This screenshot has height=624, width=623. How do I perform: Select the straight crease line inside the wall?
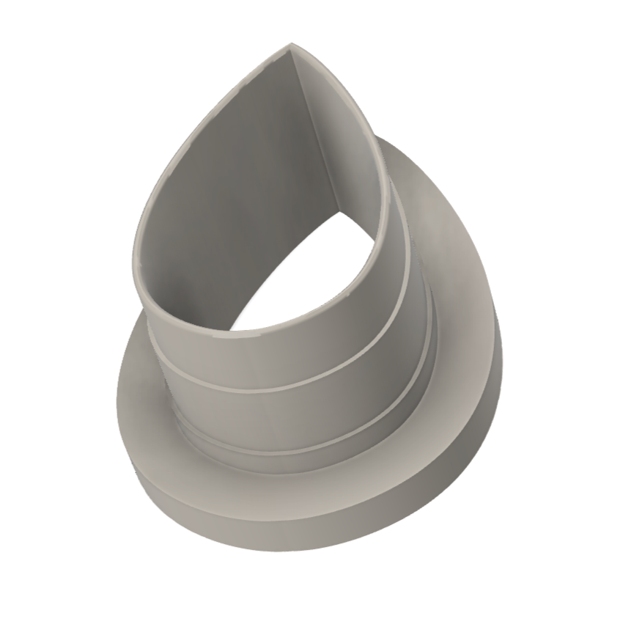click(x=313, y=132)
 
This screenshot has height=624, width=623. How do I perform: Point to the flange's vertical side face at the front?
click(x=293, y=517)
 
